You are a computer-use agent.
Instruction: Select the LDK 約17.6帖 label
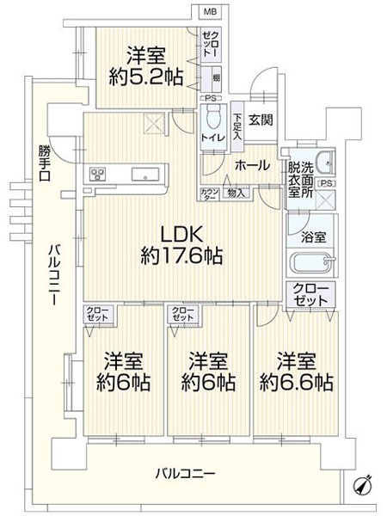[181, 243]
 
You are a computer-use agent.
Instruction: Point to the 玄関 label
[261, 120]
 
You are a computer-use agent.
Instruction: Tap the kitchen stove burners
[98, 175]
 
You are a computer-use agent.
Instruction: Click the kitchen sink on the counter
[144, 175]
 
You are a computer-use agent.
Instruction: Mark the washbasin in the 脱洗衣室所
[323, 163]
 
